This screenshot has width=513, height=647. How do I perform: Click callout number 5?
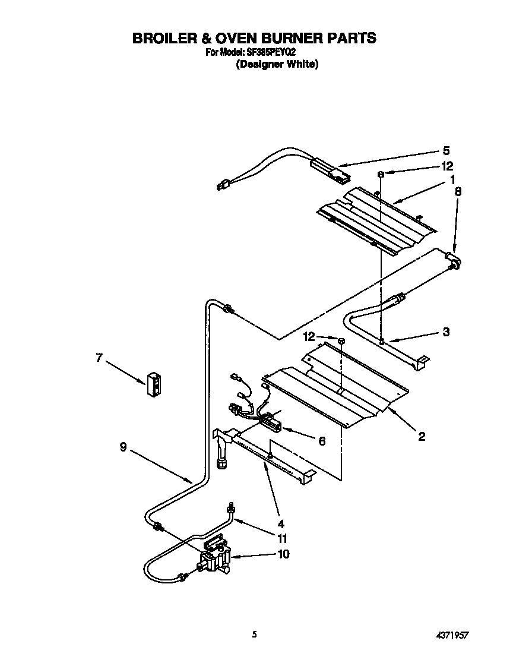click(x=446, y=151)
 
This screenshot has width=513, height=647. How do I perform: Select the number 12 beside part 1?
click(x=447, y=166)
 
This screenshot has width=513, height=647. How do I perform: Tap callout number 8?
click(x=457, y=191)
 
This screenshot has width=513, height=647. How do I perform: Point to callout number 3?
click(x=445, y=332)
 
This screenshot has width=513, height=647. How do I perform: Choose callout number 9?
click(x=122, y=447)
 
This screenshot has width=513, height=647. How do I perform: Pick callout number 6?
click(x=322, y=441)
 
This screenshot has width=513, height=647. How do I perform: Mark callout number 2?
click(x=421, y=437)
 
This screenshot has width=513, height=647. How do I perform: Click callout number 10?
click(x=283, y=554)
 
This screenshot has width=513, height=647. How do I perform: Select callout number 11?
click(x=283, y=539)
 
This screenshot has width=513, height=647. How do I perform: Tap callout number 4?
click(x=281, y=524)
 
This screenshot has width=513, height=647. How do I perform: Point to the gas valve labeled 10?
click(x=215, y=558)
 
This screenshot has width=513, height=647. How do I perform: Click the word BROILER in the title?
click(x=160, y=39)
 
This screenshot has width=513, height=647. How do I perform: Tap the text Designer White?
click(x=277, y=64)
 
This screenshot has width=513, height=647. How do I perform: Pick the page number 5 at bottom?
click(x=255, y=634)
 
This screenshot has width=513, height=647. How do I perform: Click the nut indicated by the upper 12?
click(x=380, y=173)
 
